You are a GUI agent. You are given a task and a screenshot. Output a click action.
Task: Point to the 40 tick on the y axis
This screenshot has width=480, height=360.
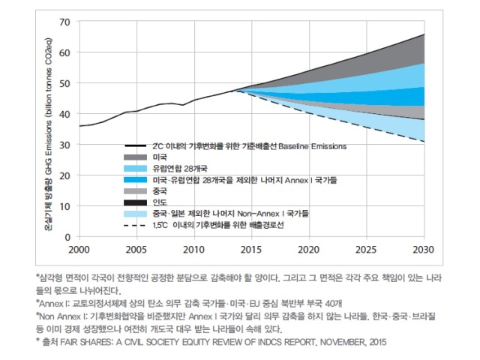click(64, 114)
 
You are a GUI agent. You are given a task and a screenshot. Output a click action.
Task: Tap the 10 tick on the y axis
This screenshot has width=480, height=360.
click(64, 205)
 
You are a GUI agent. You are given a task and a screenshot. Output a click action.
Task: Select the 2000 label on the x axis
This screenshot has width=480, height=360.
click(79, 248)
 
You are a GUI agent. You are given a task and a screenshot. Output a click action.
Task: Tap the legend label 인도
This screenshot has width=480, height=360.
click(157, 202)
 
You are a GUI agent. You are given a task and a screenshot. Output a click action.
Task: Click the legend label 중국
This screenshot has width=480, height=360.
click(157, 191)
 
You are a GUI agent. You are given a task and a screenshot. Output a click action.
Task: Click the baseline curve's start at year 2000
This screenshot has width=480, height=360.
click(79, 126)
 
